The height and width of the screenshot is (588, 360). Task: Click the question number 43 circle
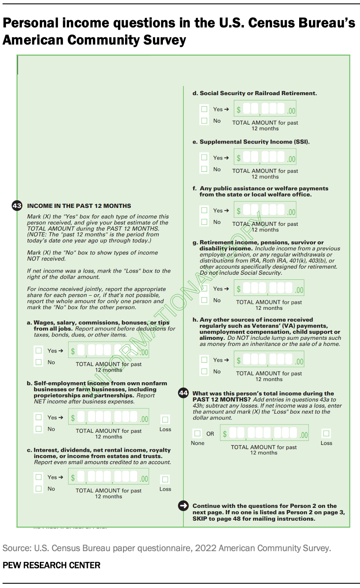17,206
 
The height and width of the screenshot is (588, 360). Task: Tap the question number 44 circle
183,393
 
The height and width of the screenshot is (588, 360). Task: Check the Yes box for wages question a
39,351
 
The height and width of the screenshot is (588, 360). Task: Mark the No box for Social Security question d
204,121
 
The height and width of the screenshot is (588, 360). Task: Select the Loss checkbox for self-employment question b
165,419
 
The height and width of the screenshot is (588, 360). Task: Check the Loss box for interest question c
165,479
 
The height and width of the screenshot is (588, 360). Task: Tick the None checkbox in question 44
197,433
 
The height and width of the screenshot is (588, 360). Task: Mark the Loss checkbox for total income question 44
327,433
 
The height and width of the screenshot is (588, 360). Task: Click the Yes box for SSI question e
204,158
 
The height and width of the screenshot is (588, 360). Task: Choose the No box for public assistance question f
204,222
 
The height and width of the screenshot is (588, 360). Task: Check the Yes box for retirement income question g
204,288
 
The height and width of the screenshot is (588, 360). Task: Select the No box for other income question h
204,372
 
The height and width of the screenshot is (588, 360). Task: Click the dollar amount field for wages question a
109,351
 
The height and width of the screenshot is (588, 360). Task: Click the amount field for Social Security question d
265,110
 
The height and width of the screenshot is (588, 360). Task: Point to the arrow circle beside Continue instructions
183,506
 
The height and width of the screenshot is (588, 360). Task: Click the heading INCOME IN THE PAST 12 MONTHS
79,206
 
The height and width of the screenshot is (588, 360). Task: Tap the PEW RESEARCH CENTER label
51,565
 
